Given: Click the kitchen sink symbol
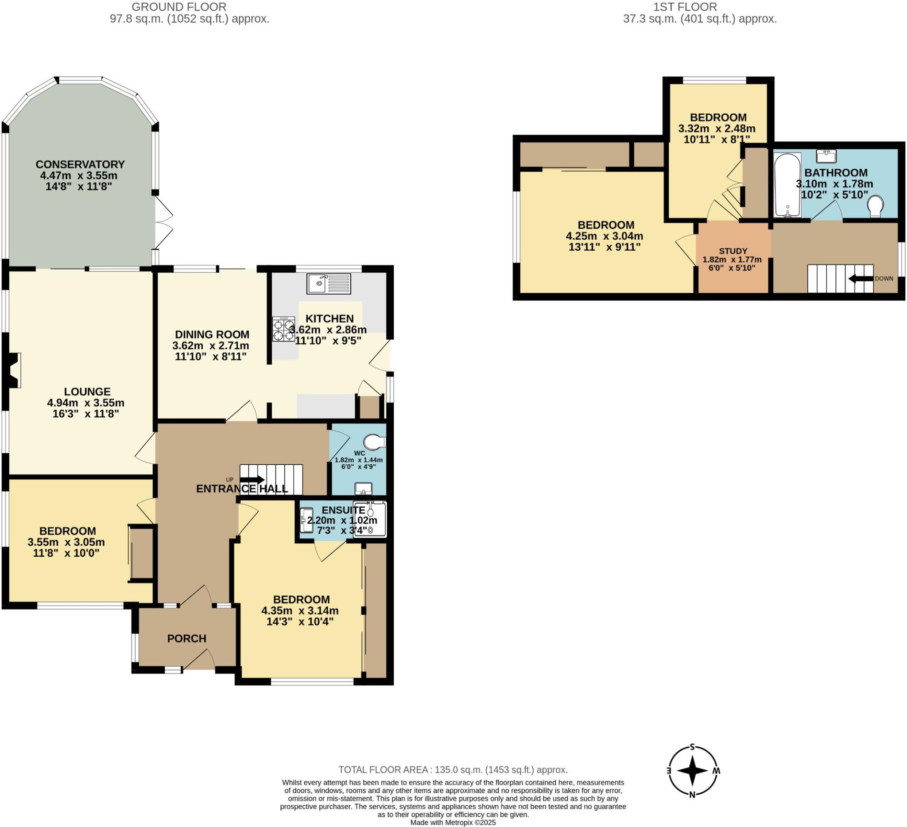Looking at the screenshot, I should coord(329,284).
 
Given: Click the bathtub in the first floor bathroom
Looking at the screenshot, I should coord(787,184).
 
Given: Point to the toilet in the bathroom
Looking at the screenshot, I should coord(876,206).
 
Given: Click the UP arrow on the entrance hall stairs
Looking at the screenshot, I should coord(252,480).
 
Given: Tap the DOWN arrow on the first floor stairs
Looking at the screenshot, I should coord(860,279).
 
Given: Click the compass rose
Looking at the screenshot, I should coord(693,771).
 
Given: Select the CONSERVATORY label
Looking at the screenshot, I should coord(80,164).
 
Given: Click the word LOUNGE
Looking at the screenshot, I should coord(87,392).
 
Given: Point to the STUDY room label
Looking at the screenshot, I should coord(733,251).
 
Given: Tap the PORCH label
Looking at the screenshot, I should coord(187,638).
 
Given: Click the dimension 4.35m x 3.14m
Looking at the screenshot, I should coord(300,610).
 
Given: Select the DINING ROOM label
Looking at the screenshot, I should coord(212,334).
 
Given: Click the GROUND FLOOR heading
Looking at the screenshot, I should coord(179,7).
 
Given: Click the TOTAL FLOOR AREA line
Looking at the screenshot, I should coord(453,770).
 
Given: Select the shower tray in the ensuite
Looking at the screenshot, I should coord(370,520).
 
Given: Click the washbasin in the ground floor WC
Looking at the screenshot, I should coord(363,488).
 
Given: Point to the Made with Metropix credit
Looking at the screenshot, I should coord(453,823).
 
